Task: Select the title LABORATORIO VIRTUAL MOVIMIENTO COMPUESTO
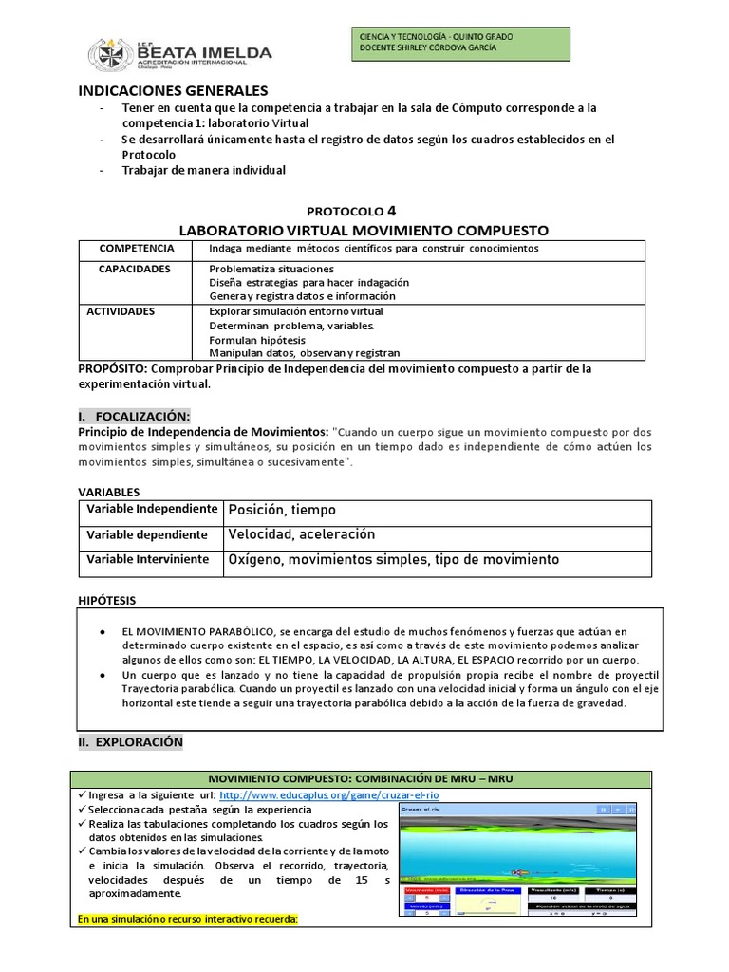(364, 230)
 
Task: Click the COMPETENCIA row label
(137, 248)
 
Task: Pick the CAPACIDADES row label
(135, 269)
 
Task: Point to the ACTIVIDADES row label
(121, 311)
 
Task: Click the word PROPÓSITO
(111, 368)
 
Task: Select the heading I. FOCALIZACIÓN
(134, 416)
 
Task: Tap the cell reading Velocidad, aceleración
(302, 534)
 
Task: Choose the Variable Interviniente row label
(147, 560)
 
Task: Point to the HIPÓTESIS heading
(106, 600)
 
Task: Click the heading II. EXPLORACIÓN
(131, 742)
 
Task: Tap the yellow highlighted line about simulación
(188, 919)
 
